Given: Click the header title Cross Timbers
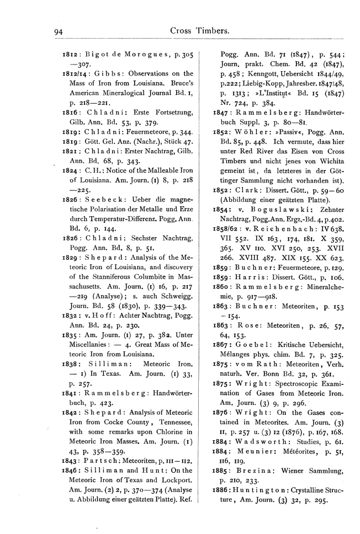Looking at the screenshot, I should [x=200, y=32].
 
